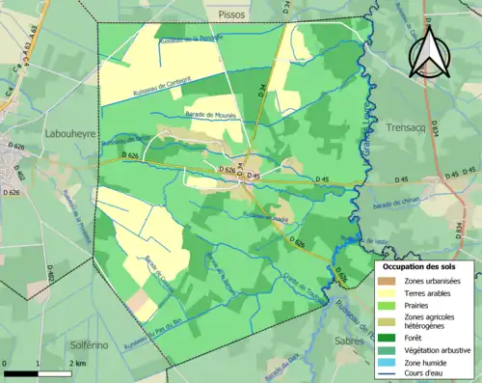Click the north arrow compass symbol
[x=426, y=52]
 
